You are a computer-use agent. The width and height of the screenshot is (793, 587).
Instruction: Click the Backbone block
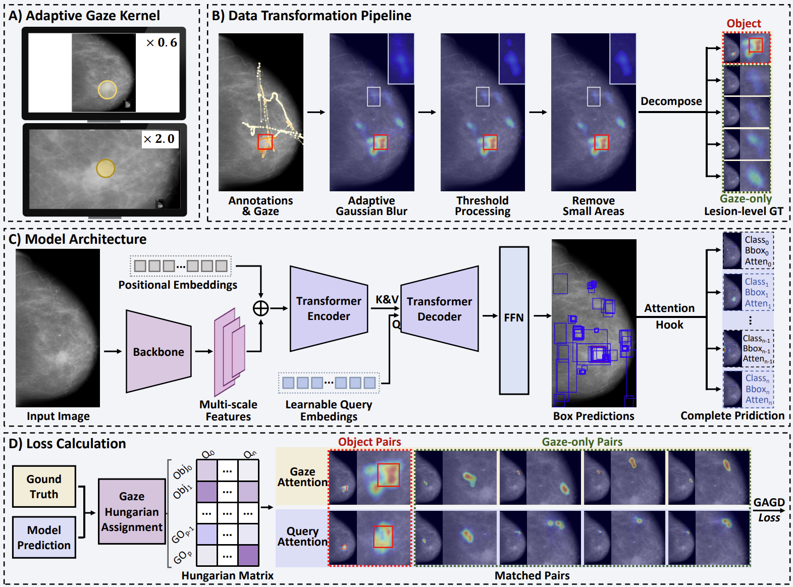tap(158, 352)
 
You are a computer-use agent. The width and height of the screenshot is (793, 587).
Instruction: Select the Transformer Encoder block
tap(329, 308)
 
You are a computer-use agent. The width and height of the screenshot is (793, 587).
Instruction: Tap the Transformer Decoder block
tap(439, 309)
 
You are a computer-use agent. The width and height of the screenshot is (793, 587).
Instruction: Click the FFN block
tap(514, 318)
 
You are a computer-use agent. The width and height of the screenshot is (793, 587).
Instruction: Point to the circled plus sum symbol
tap(260, 308)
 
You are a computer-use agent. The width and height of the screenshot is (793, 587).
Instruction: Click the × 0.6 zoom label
tap(162, 43)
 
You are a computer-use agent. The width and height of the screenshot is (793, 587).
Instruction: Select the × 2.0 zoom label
tap(159, 139)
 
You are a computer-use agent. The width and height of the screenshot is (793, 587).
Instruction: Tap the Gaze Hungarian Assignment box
tap(132, 511)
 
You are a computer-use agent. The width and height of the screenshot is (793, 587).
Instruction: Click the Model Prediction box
tap(44, 538)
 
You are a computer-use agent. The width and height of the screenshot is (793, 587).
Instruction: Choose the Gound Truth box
tap(44, 487)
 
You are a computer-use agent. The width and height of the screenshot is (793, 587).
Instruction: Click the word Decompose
tap(671, 101)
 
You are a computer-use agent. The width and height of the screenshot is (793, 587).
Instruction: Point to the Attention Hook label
tap(669, 316)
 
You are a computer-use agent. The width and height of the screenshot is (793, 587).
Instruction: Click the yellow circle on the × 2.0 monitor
tap(105, 169)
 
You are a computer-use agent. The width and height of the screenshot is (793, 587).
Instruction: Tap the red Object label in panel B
tap(744, 24)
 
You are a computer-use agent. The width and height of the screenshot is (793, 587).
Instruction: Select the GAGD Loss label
tap(769, 510)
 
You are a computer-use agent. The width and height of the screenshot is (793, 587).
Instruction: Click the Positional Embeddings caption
tap(178, 285)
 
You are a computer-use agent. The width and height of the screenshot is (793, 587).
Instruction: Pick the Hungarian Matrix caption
tap(227, 576)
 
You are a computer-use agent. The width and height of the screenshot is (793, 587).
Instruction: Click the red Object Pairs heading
tap(369, 442)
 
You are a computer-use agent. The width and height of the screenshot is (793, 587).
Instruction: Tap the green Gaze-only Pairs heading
tap(582, 442)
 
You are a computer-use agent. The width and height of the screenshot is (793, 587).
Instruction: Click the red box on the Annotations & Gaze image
tap(265, 142)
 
